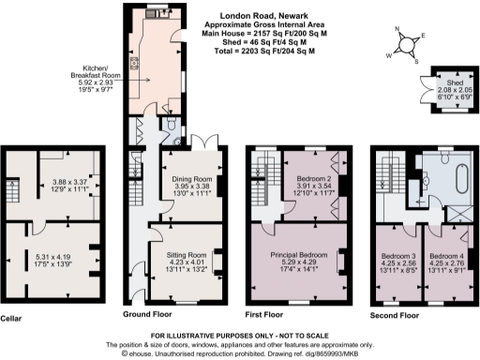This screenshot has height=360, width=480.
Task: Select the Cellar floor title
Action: click(11, 317)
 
